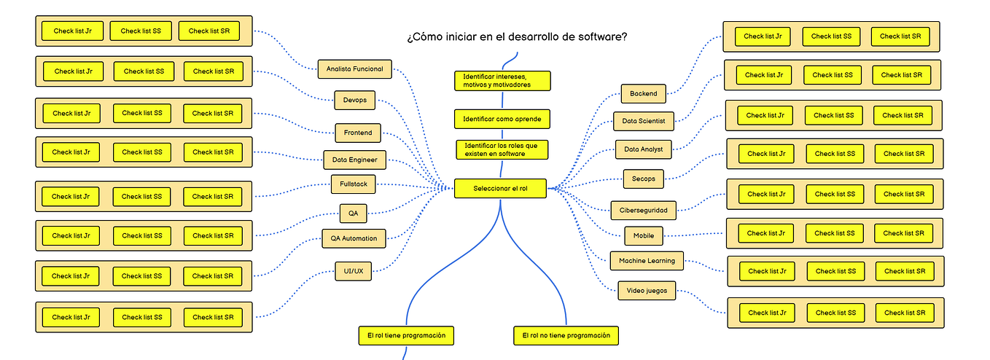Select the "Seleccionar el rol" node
[500, 189]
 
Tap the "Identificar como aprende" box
[502, 119]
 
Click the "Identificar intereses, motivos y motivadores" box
[502, 80]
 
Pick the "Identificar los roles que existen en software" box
[502, 149]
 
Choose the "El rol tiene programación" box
[407, 335]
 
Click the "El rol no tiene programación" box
[566, 335]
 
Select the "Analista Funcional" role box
[355, 69]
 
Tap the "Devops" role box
[354, 100]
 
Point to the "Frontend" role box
[357, 133]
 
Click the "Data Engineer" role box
[355, 160]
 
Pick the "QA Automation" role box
[354, 238]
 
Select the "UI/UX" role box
[353, 271]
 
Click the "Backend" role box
[644, 93]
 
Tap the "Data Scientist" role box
[644, 121]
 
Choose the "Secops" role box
[644, 179]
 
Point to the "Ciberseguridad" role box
[644, 210]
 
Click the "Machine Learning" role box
[647, 260]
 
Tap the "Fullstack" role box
[354, 184]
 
